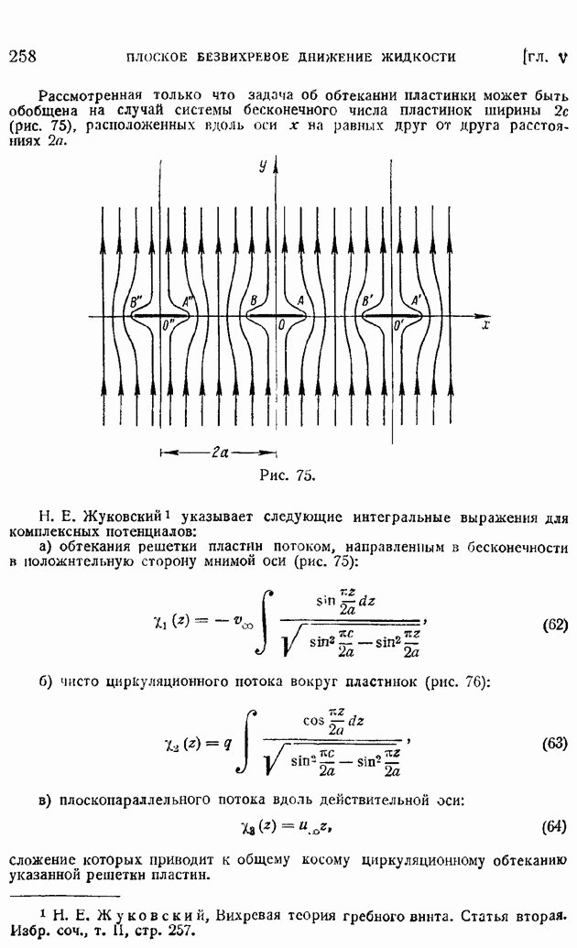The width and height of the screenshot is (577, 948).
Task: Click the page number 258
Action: point(23,56)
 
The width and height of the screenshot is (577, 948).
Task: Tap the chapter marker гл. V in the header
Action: point(545,58)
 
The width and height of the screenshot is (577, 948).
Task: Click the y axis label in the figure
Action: point(263,166)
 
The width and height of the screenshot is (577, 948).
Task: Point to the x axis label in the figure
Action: point(485,325)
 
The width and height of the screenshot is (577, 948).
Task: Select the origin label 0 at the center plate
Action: point(281,325)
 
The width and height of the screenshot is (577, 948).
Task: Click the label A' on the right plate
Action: point(416,300)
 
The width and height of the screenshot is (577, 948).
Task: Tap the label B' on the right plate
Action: point(367,300)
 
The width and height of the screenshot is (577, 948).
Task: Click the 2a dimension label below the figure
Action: point(220,452)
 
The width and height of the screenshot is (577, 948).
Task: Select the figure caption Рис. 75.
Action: point(288,475)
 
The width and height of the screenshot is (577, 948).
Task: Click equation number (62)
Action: point(555,625)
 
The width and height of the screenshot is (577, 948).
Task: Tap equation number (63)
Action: point(555,743)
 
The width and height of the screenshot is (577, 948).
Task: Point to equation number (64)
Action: point(555,826)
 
